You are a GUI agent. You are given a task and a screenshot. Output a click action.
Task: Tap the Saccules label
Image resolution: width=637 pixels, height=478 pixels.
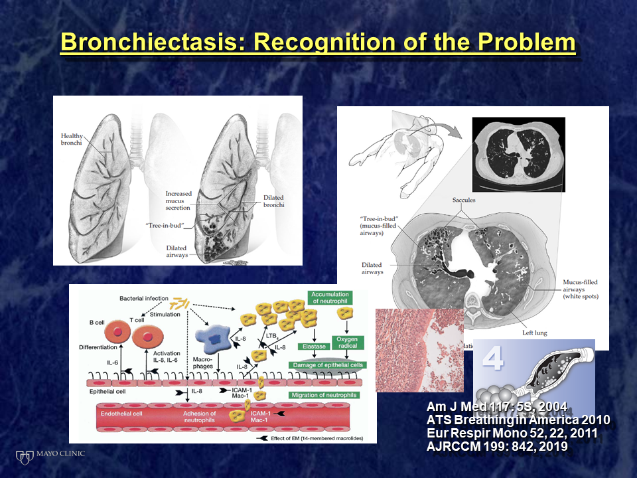[464, 200]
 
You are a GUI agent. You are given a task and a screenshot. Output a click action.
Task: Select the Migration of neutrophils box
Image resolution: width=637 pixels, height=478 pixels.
[324, 395]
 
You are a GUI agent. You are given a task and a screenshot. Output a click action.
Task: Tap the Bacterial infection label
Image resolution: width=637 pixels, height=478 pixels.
[143, 300]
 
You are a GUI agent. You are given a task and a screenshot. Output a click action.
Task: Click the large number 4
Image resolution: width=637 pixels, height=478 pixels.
[492, 359]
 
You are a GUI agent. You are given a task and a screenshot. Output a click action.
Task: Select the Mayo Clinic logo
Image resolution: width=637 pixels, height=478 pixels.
[50, 455]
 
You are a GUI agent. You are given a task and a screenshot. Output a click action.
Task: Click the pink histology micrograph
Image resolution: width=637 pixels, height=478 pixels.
[409, 350]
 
